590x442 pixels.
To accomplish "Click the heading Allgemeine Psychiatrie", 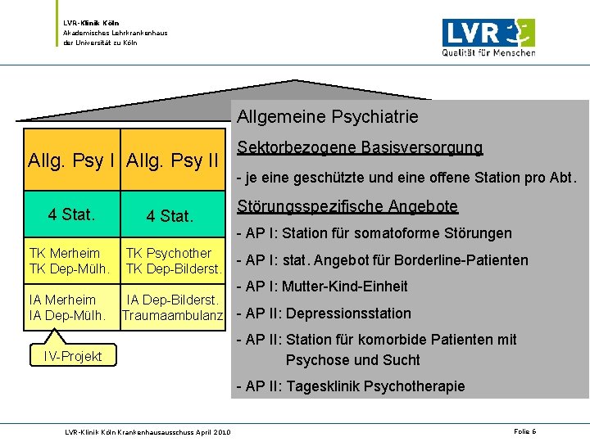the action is pos(328,117).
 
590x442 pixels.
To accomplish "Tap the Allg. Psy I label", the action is pos(71,159).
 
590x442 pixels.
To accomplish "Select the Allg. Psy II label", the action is pos(172,159).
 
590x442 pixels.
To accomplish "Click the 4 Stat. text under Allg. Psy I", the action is pos(72,215).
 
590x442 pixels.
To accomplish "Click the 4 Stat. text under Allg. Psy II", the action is pos(170,217).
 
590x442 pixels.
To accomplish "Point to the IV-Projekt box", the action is pos(73,356).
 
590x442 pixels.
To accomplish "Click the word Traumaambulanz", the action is pos(172,315).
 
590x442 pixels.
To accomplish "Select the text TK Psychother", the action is pos(169,253).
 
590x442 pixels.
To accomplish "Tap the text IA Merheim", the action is pos(62,300).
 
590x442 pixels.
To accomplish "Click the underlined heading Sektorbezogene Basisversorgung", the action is pos(360,148).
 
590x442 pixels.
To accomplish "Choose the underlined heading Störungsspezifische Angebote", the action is pos(347,206).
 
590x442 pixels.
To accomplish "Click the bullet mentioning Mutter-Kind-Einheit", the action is pos(322,286).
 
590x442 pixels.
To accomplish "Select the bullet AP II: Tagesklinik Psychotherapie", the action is pos(351,386).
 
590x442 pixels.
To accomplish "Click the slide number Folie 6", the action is pos(524,431).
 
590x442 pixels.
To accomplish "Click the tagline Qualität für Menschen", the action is pos(489,52).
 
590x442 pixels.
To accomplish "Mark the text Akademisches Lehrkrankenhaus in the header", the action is pos(116,33).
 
